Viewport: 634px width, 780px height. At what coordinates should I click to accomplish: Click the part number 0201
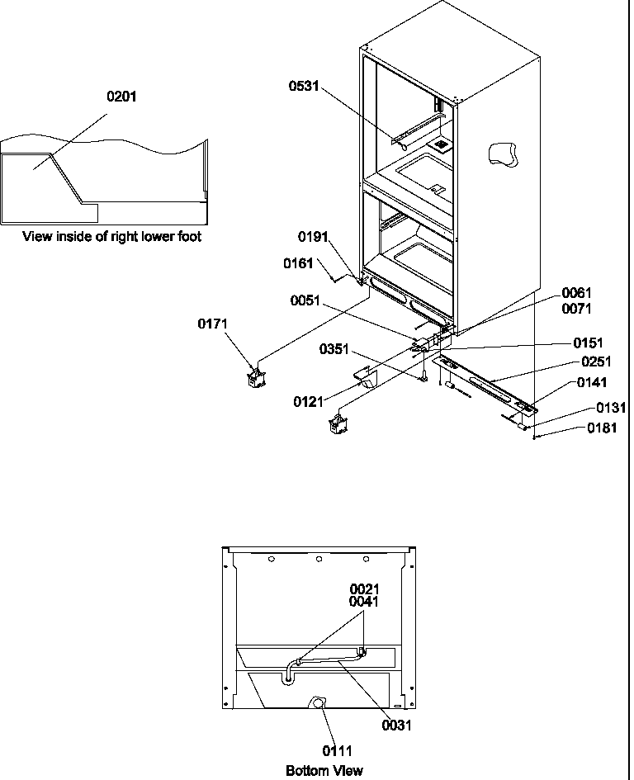[122, 97]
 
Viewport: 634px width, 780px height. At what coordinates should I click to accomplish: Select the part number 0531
[304, 86]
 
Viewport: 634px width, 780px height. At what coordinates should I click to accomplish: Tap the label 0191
[314, 237]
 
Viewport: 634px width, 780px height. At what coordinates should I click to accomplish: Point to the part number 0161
[298, 263]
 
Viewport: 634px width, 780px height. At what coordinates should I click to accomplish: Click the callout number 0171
[213, 324]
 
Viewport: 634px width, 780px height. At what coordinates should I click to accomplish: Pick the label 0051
[305, 300]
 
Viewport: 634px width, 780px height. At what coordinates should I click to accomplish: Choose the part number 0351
[335, 350]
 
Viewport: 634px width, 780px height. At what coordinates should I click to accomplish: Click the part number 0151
[589, 343]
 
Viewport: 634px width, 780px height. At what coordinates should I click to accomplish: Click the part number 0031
[396, 726]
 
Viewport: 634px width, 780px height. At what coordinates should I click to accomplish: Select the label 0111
[338, 750]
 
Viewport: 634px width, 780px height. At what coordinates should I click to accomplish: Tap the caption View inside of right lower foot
[111, 237]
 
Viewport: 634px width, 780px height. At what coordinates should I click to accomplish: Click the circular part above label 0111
[317, 702]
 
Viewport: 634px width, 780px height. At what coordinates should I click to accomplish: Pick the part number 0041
[364, 602]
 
